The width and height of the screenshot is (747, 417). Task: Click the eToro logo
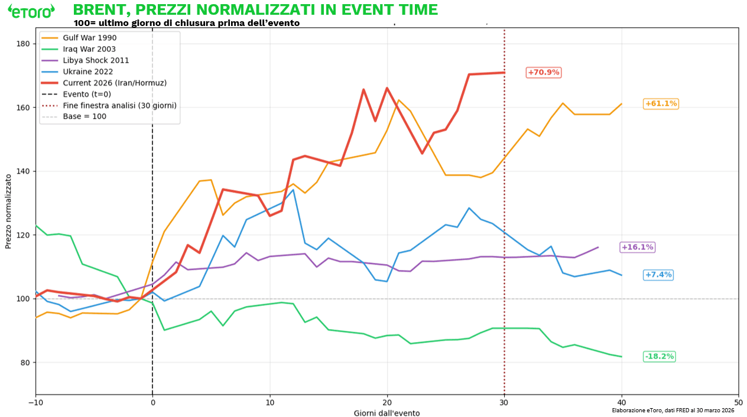coord(31,10)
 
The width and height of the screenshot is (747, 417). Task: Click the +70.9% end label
coord(543,72)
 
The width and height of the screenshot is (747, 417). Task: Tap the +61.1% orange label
coord(661,104)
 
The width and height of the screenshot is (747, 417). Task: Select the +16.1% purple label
coord(637,247)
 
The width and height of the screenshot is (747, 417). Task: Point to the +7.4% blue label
coord(658,275)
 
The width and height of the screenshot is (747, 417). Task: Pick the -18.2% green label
coord(659,357)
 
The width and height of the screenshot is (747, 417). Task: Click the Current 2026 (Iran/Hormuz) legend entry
coord(110,83)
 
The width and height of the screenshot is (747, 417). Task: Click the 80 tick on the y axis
coord(25,363)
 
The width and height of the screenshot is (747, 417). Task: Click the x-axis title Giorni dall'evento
coord(387,413)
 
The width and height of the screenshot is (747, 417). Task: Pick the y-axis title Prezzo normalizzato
coord(9,211)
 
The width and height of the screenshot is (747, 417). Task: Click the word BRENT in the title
coord(98,10)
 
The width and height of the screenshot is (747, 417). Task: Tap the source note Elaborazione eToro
coord(673,410)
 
